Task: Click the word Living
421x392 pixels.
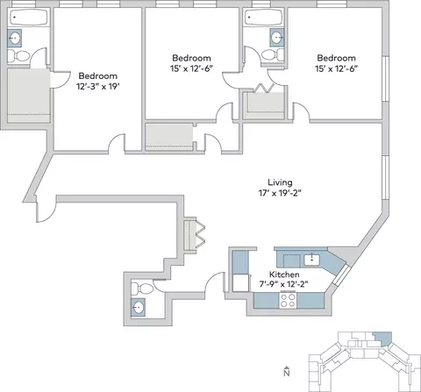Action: (280, 182)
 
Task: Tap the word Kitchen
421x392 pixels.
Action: (284, 274)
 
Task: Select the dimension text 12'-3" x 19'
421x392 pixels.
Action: (98, 87)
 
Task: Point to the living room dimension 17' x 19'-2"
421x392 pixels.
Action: (280, 193)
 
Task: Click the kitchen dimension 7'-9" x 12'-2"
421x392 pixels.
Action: (284, 284)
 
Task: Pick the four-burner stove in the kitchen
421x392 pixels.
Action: (288, 301)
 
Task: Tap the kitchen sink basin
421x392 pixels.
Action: (312, 260)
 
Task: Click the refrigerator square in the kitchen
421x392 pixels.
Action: (240, 282)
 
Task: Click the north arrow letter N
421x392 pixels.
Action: (287, 373)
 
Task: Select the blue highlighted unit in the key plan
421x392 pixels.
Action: (383, 339)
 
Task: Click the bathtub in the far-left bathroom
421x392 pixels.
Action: (28, 18)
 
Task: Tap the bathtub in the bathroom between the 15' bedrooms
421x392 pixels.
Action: (264, 18)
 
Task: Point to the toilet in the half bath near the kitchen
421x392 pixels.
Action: (142, 289)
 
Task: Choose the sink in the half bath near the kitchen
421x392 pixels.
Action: (138, 307)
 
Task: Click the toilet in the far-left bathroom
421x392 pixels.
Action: (18, 56)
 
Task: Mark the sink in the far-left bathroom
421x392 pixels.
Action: (14, 38)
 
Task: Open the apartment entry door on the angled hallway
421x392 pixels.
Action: (45, 211)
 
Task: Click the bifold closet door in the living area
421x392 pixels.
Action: (200, 233)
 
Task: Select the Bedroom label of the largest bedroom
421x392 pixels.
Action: (98, 76)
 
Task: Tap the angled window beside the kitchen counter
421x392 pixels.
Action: (340, 274)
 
